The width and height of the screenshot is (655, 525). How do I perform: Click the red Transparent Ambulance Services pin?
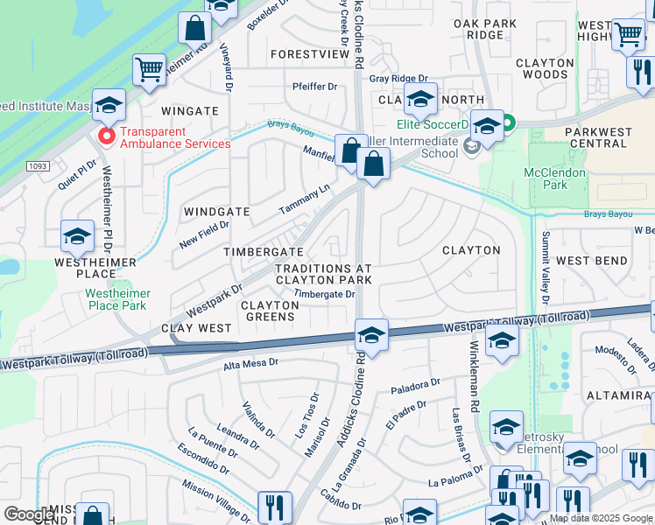tap(107, 136)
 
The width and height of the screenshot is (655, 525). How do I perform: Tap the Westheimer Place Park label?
tap(118, 299)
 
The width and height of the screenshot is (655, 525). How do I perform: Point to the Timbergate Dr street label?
tap(324, 295)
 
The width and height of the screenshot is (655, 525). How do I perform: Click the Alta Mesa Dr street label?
tap(250, 362)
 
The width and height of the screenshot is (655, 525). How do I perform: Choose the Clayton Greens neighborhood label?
tap(270, 311)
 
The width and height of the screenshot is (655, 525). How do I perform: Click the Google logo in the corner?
tap(28, 514)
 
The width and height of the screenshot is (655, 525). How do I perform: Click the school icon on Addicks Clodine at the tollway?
tap(371, 336)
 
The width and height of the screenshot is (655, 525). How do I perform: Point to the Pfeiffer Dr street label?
tap(314, 87)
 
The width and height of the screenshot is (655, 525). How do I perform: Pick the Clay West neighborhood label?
tap(197, 328)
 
